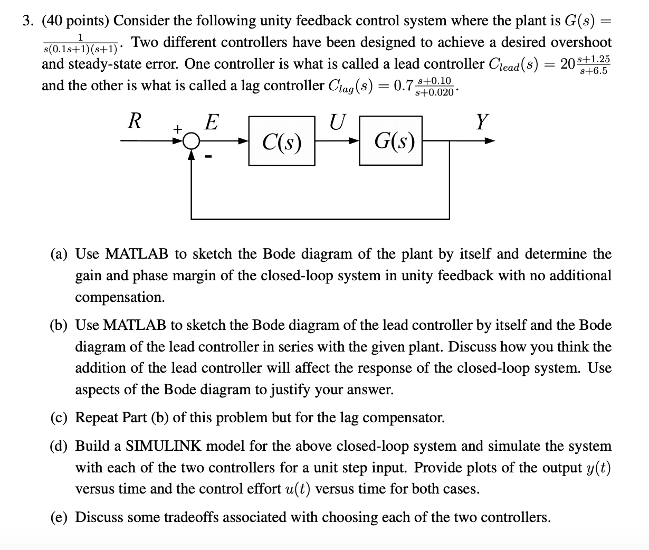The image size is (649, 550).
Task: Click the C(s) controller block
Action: (282, 141)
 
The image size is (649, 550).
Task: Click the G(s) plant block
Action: (393, 141)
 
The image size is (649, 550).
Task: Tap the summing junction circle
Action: (192, 141)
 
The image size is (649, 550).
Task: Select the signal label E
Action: (211, 122)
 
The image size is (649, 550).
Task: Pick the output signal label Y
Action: (481, 122)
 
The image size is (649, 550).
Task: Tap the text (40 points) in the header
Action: (75, 21)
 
